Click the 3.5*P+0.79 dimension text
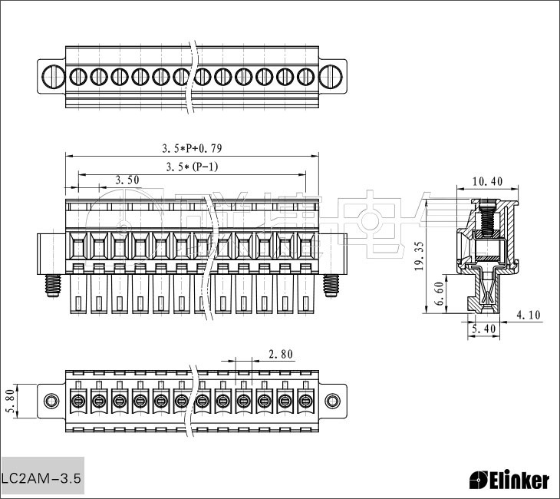point(192,147)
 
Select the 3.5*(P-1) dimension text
point(192,167)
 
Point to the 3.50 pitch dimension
point(127,180)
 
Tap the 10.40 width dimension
point(487,182)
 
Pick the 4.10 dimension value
point(529,315)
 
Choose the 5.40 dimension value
point(484,329)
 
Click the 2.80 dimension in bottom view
point(281,354)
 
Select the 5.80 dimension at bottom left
point(9,400)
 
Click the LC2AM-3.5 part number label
point(41,478)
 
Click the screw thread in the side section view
point(485,220)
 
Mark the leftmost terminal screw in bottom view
point(78,401)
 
